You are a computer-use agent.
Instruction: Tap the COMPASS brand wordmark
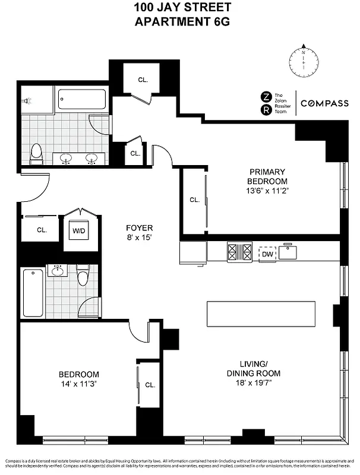pyautogui.click(x=324, y=103)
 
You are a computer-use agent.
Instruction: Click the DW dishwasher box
pyautogui.click(x=267, y=254)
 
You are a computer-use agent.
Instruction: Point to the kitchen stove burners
pyautogui.click(x=239, y=252)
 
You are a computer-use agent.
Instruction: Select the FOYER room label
pyautogui.click(x=139, y=228)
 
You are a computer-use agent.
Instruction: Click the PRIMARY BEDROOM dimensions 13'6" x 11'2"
pyautogui.click(x=268, y=191)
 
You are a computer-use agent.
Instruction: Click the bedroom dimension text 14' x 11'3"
pyautogui.click(x=78, y=385)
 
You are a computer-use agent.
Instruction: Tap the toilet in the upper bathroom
pyautogui.click(x=36, y=153)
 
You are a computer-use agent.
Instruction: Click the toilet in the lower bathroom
pyautogui.click(x=83, y=275)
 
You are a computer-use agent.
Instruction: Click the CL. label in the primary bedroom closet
pyautogui.click(x=194, y=200)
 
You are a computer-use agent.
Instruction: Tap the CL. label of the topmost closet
pyautogui.click(x=143, y=79)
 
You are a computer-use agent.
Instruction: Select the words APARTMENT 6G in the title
pyautogui.click(x=179, y=23)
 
